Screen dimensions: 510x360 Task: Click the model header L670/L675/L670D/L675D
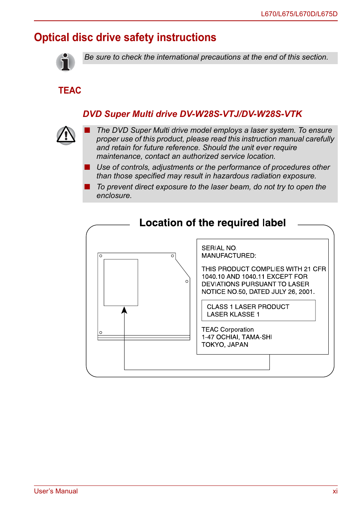299,14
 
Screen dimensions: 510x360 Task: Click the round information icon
66,62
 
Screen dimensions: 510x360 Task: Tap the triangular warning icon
66,135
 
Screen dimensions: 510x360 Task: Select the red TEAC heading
70,91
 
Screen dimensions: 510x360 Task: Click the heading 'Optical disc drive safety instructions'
125,38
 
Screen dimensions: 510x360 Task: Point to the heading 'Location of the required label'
212,223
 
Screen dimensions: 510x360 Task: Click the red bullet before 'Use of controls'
88,167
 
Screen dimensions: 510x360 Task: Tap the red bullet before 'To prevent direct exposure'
88,187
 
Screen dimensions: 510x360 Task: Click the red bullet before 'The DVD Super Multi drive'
88,130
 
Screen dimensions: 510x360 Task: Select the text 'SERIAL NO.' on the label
219,248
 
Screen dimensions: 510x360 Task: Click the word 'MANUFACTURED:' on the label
229,256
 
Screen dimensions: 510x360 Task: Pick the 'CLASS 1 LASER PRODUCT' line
248,307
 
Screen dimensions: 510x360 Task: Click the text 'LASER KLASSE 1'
233,315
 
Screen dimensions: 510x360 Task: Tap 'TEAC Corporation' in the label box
228,330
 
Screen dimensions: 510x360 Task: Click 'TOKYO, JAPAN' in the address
225,345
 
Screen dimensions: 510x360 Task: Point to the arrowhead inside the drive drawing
124,310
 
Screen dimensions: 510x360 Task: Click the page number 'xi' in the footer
335,491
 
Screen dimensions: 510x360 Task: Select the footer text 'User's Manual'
56,491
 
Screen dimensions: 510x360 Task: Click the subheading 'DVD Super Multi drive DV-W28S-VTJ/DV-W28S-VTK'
192,114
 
